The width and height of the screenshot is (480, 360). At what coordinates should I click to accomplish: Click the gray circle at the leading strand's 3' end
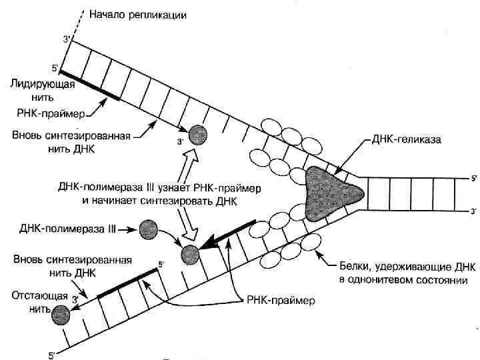(x=197, y=135)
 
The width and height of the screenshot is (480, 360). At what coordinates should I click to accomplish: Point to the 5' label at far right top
(x=473, y=179)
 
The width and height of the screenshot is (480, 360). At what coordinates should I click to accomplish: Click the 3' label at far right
(x=473, y=211)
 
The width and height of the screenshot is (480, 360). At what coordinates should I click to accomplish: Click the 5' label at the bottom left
(x=52, y=355)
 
